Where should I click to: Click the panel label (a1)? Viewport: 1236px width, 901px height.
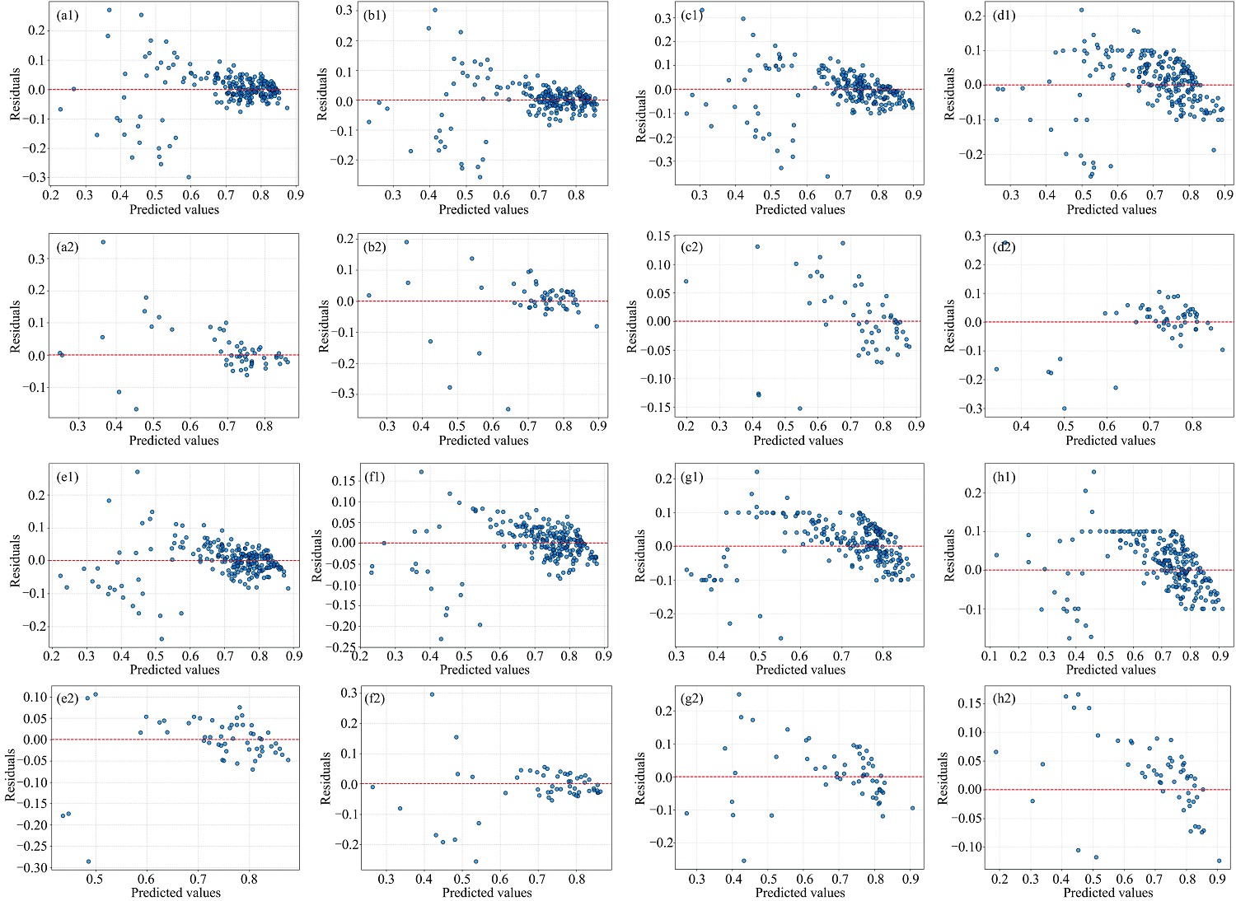[67, 16]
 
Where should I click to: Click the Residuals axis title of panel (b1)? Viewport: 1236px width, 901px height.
[323, 93]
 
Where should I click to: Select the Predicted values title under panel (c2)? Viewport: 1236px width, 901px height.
[798, 441]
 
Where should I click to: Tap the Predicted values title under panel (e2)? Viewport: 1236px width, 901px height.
[176, 893]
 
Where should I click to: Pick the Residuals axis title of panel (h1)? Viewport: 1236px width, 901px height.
[949, 555]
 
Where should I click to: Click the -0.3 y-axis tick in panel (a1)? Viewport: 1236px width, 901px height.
[35, 178]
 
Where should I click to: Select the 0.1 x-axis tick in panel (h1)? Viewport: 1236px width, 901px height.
[990, 656]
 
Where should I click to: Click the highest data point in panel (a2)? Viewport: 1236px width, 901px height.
[103, 242]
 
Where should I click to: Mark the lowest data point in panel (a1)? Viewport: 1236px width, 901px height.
[189, 177]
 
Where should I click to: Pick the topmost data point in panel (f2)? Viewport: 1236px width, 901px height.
[432, 694]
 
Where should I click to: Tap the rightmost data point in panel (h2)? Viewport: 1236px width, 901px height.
[1219, 861]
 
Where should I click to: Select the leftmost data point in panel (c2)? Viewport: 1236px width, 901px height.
[686, 282]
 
